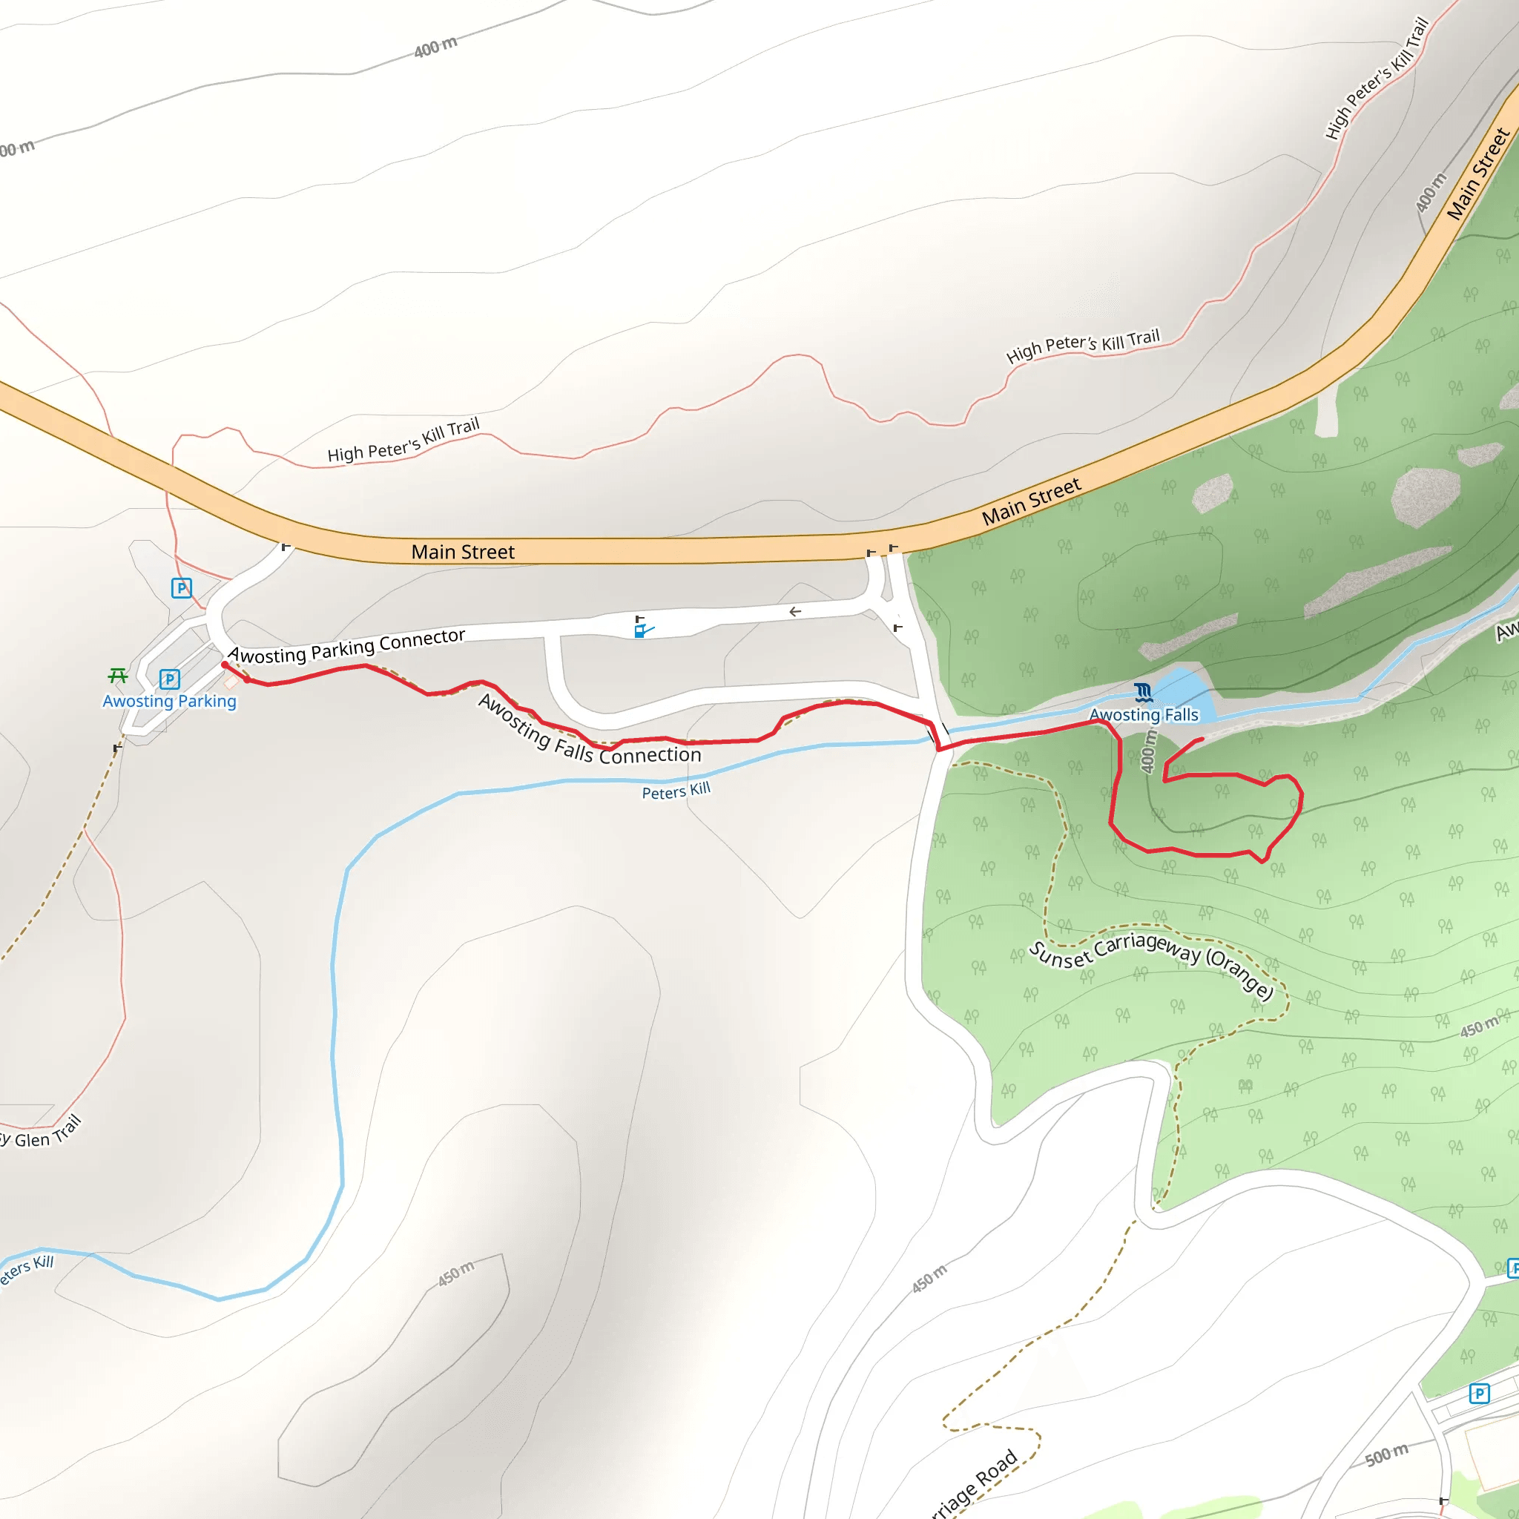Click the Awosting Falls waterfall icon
1143,693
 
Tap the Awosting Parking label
169,702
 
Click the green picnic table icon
118,676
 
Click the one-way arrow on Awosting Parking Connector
795,612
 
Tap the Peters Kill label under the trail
676,791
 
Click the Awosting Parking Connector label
346,647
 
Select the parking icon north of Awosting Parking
182,587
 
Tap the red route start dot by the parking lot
225,665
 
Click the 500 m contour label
1386,1455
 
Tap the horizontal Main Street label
462,552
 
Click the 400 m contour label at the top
435,47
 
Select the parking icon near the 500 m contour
1479,1394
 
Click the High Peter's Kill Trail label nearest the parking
403,441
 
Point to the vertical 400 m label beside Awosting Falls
1150,751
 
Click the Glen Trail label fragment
43,1133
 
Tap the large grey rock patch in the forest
1425,496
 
